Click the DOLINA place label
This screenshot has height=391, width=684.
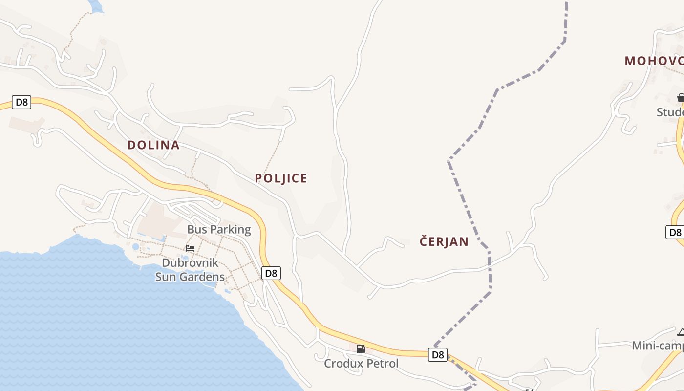[x=153, y=145]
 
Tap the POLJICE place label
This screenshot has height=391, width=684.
[x=281, y=178]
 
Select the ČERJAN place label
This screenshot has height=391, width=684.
[x=444, y=241]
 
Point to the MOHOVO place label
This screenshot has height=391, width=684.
[x=654, y=61]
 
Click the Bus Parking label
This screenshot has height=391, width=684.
[x=219, y=230]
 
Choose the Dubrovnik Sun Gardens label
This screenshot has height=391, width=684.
[x=190, y=270]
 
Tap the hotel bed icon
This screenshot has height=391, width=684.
[x=190, y=248]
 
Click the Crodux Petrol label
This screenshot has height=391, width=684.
[x=361, y=364]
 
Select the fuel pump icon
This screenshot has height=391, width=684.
[x=361, y=349]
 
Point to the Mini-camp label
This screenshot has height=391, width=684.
[x=658, y=346]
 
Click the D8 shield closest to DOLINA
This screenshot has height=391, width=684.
[x=21, y=102]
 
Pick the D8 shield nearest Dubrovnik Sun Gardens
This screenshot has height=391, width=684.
[x=271, y=273]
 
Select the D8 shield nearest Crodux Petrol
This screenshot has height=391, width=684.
[x=438, y=355]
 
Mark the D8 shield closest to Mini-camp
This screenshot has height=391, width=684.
[x=675, y=232]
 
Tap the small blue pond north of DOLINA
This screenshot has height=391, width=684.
[x=96, y=6]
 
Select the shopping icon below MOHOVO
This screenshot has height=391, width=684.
[x=681, y=98]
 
